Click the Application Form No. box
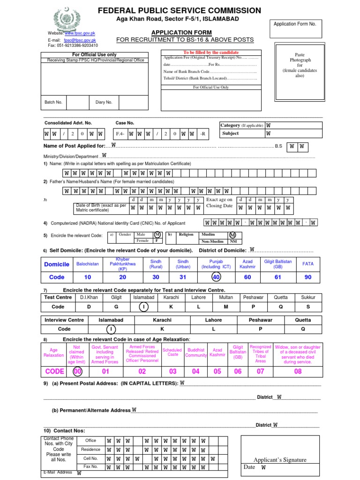295,29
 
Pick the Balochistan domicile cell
88,264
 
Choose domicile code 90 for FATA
307,277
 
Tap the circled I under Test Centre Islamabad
143,307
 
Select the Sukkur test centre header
308,297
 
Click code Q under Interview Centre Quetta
302,329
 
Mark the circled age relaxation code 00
77,372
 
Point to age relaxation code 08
298,372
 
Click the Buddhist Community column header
196,352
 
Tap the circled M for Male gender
157,234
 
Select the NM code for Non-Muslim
232,241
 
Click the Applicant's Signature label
280,459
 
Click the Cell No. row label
90,458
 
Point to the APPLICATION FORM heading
185,32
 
